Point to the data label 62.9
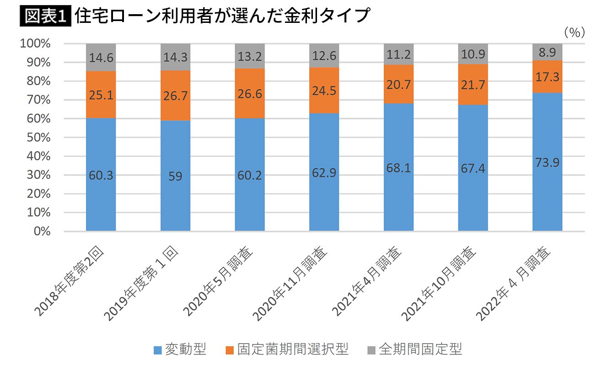pyautogui.click(x=324, y=174)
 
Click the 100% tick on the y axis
pyautogui.click(x=35, y=44)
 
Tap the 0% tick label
pyautogui.click(x=41, y=231)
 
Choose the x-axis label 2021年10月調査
pyautogui.click(x=440, y=284)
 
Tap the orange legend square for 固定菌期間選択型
pyautogui.click(x=229, y=350)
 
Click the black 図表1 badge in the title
pyautogui.click(x=45, y=16)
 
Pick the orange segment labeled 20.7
pyautogui.click(x=398, y=84)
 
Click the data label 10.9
pyautogui.click(x=473, y=54)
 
